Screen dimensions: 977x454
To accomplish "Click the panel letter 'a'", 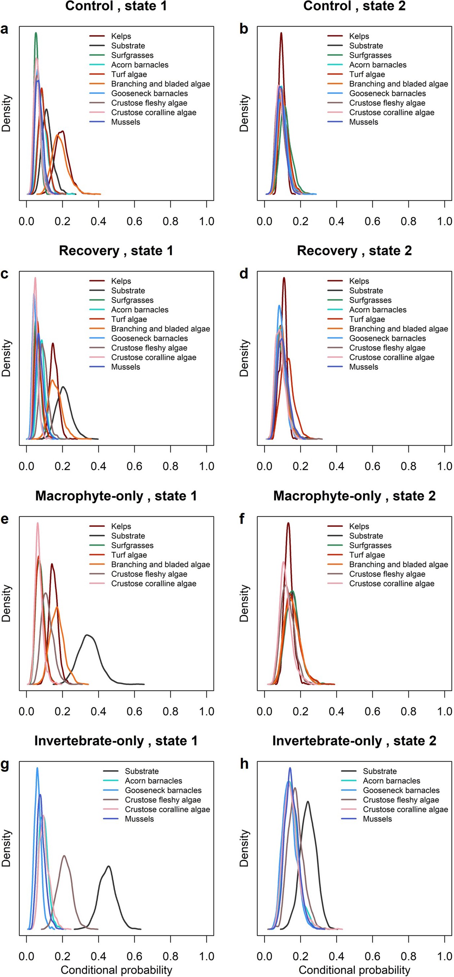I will coord(5,29).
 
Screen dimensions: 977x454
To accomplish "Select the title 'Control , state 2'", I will coord(354,6).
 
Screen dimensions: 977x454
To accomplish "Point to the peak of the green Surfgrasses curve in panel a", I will coord(36,34).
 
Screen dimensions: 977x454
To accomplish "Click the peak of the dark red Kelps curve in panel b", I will coord(281,34).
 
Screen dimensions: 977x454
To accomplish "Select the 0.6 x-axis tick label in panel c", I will coord(134,466).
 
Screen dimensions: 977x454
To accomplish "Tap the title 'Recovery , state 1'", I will coord(116,251).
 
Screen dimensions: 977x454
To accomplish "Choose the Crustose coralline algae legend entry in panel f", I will coord(391,584).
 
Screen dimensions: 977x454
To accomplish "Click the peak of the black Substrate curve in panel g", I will coord(109,866).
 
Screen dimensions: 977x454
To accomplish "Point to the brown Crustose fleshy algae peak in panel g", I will coord(64,856).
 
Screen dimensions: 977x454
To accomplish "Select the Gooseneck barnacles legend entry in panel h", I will coord(401,790).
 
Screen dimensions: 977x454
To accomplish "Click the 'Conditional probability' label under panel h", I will coord(354,970).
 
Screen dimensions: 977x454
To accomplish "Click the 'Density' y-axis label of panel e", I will coord(6,603).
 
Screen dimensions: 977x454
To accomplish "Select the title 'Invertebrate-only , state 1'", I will coord(116,741).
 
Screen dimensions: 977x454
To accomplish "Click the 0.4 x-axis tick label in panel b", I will coord(337,221).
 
